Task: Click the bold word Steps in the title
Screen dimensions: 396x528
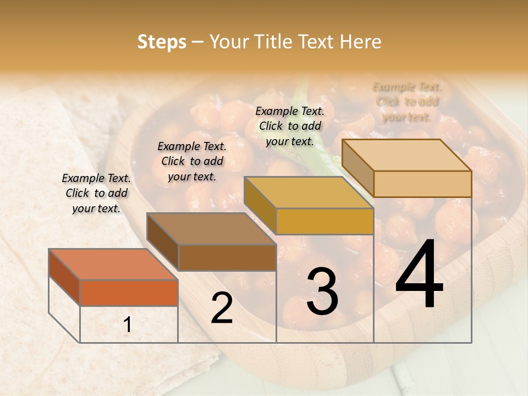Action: pos(162,42)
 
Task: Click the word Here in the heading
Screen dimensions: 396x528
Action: pos(361,42)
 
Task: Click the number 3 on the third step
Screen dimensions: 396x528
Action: pos(322,292)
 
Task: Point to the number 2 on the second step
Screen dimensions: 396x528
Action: pos(222,308)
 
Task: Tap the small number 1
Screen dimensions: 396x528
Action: pos(128,325)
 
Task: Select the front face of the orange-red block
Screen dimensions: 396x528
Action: pos(129,293)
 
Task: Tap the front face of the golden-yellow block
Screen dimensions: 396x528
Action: pos(324,221)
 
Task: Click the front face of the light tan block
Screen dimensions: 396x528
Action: pos(422,184)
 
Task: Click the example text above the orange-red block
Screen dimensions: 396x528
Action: pos(96,193)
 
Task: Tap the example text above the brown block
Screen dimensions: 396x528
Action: pos(192,161)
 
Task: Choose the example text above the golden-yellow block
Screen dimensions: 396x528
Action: pos(290,126)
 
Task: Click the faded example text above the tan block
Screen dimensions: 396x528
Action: pos(407,102)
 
